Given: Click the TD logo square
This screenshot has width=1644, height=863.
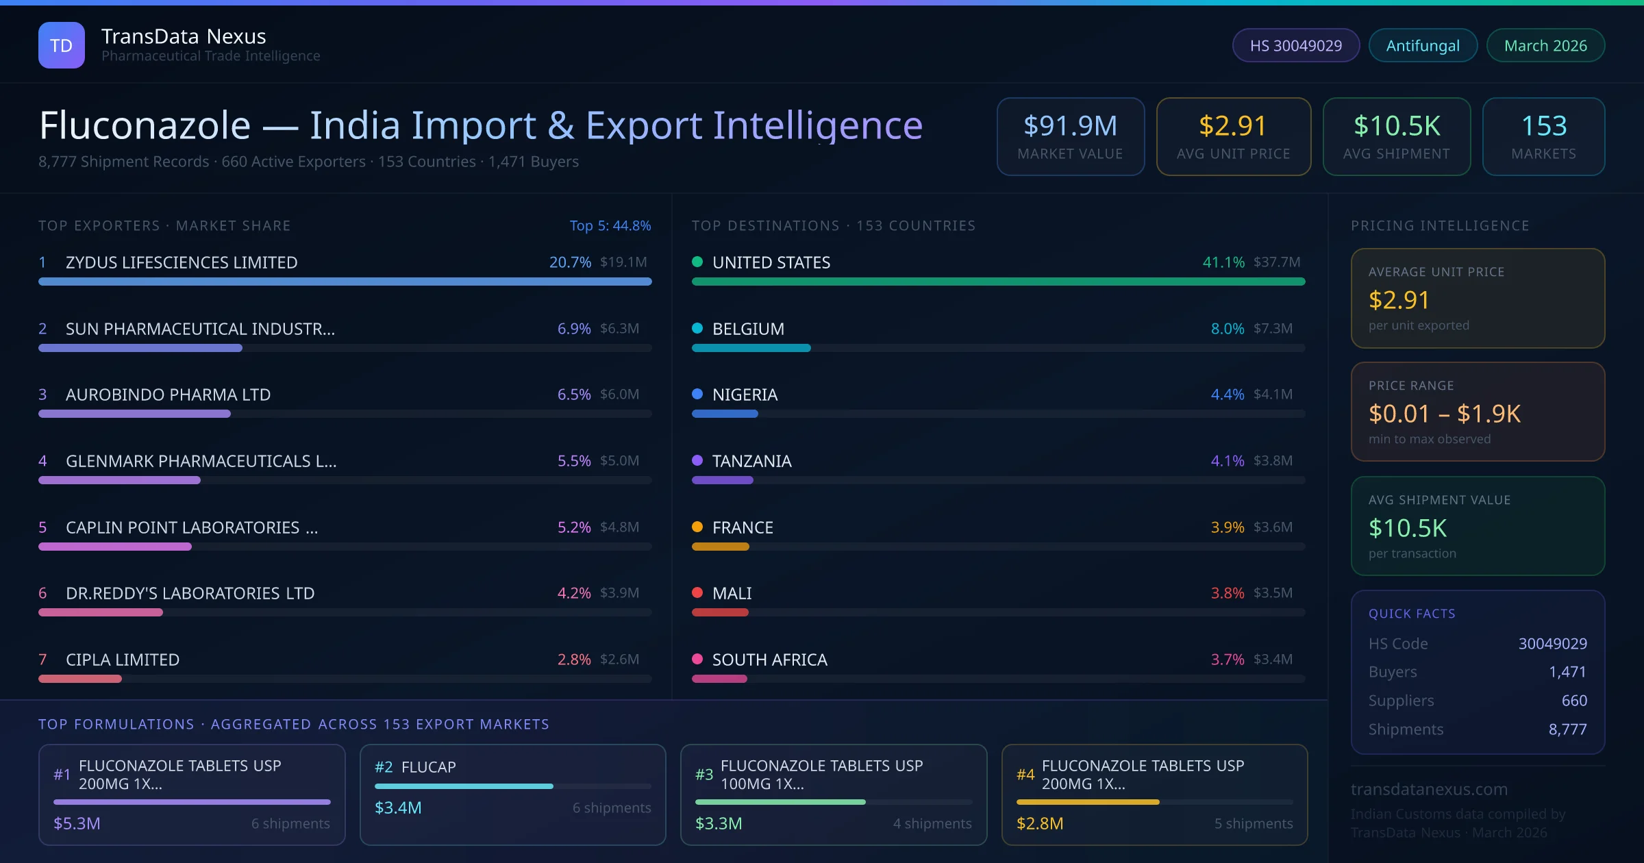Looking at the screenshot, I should (x=61, y=45).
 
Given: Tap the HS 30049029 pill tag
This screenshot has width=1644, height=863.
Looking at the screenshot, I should (x=1295, y=45).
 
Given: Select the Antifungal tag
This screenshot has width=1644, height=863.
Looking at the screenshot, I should (x=1422, y=45).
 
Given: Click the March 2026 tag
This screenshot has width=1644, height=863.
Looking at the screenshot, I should (x=1545, y=45).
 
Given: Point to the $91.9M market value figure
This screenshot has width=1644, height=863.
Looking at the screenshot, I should (x=1070, y=126).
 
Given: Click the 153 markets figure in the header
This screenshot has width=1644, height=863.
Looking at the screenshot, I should (x=1543, y=126).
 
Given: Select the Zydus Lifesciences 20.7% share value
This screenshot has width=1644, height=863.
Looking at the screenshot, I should (x=570, y=262).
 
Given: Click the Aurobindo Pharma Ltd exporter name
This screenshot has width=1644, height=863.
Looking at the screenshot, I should (x=168, y=395).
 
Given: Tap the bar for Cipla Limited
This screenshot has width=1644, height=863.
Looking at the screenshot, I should (x=80, y=679).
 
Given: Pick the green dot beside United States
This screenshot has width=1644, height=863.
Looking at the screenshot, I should (x=697, y=262).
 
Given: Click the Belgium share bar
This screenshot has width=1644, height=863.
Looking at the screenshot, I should (x=751, y=348).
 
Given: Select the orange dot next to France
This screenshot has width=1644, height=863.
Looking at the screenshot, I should (x=697, y=527).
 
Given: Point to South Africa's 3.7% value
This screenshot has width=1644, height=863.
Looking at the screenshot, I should (x=1227, y=660).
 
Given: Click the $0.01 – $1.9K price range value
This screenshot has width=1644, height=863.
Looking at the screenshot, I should (x=1444, y=414).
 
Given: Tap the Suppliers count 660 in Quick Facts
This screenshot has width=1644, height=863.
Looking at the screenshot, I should (x=1573, y=701).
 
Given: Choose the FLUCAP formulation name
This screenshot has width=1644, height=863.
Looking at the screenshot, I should (x=428, y=767).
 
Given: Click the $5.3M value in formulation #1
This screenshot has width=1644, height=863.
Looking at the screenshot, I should (x=77, y=823).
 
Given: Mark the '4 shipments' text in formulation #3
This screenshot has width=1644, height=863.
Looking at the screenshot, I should (x=932, y=823).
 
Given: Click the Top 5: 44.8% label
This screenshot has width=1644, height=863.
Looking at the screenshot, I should (x=610, y=225).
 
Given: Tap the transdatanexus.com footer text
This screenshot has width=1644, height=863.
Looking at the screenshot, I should (x=1429, y=789).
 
